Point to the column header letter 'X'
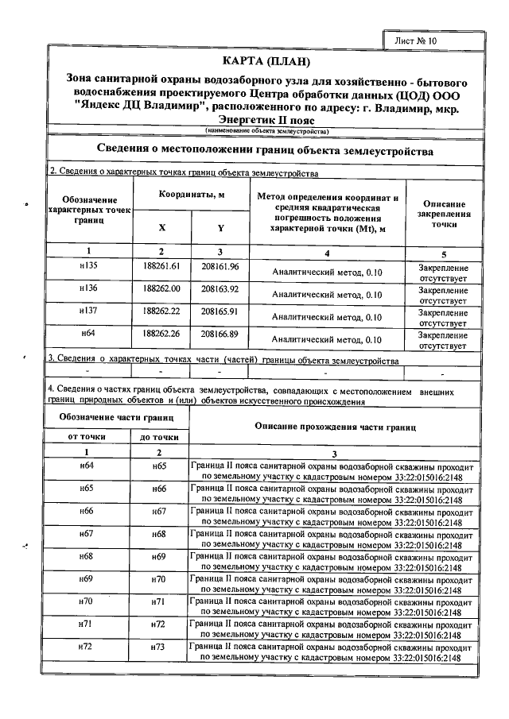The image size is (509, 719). (x=162, y=227)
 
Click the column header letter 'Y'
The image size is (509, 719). (x=220, y=227)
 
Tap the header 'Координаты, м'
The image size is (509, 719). (x=191, y=195)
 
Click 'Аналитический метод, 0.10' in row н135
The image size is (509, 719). (x=328, y=272)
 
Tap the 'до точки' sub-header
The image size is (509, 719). (x=159, y=437)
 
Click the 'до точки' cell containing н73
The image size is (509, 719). (x=159, y=647)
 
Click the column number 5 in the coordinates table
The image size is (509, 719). (x=443, y=253)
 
